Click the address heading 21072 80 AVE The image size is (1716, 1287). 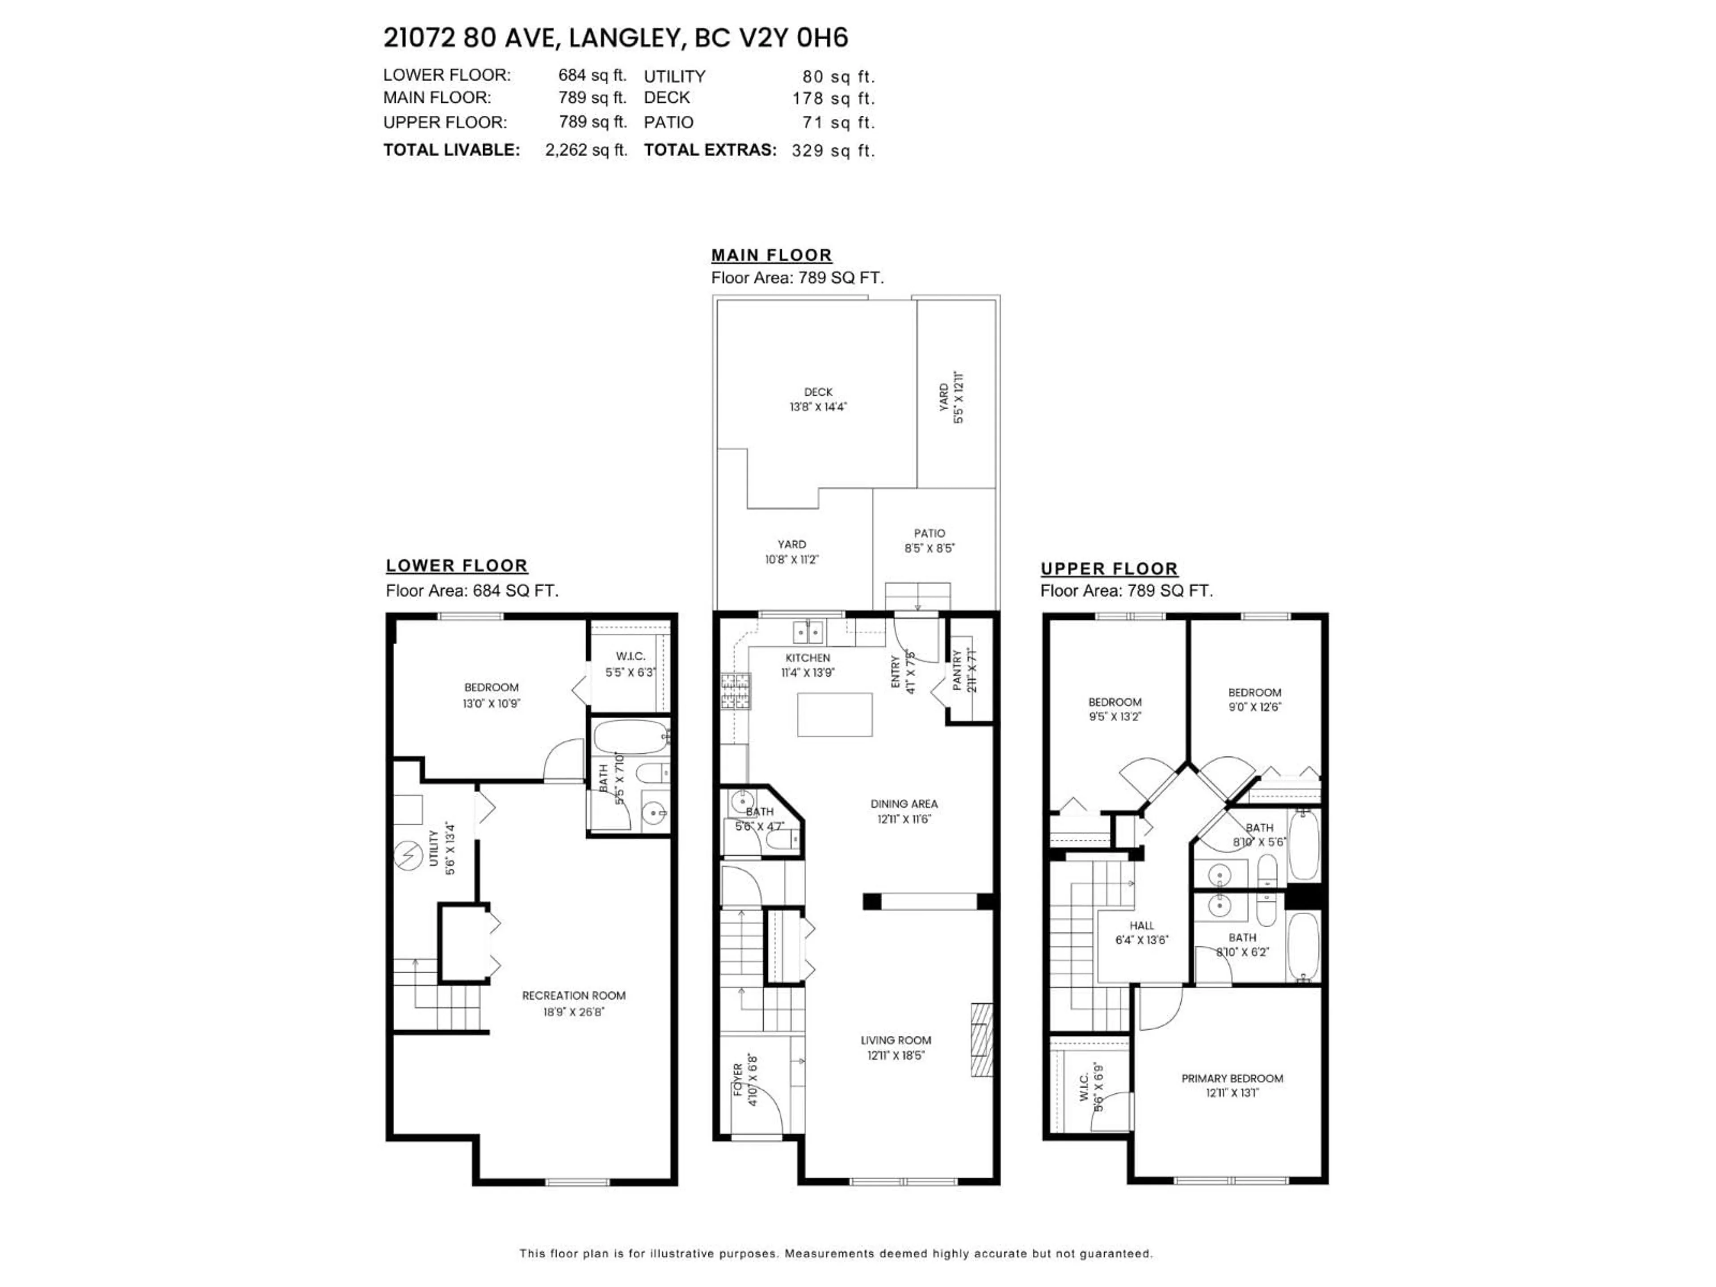pyautogui.click(x=615, y=38)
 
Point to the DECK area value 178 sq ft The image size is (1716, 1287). pyautogui.click(x=833, y=98)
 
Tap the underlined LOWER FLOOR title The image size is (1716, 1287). pyautogui.click(x=456, y=566)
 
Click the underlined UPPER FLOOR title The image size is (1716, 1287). pyautogui.click(x=1109, y=568)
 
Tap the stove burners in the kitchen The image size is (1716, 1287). pyautogui.click(x=736, y=691)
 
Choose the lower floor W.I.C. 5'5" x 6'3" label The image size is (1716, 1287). pyautogui.click(x=630, y=664)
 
